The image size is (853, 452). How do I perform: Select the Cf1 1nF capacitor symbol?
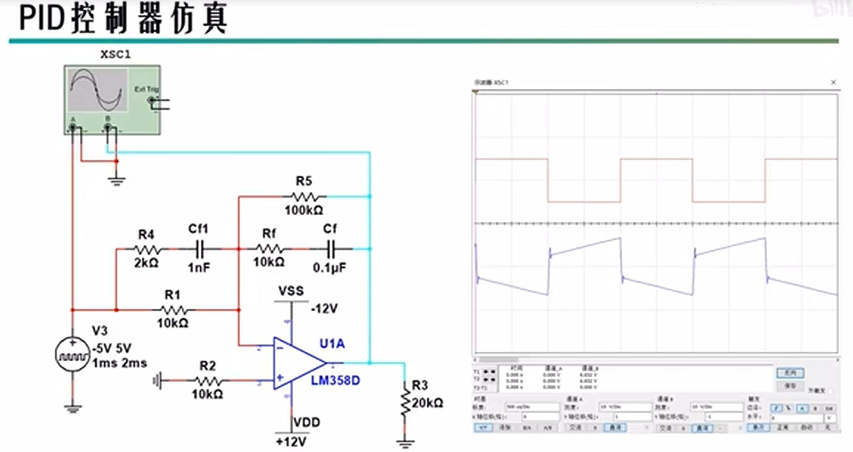[200, 249]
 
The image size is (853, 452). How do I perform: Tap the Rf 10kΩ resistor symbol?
[270, 249]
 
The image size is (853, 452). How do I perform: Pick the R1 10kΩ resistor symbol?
[173, 310]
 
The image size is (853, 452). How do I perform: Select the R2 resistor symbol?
[208, 380]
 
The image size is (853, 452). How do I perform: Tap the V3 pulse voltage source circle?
[73, 354]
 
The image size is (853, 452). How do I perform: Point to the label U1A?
[332, 344]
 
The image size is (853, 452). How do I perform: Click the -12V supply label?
[324, 308]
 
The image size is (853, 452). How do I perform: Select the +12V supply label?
[291, 441]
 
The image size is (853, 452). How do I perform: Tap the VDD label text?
[307, 422]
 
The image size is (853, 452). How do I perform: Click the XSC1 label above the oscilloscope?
[115, 55]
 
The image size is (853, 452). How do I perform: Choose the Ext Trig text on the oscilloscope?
[146, 89]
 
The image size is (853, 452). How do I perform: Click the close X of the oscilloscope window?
[833, 83]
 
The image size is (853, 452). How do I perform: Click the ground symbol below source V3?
[73, 408]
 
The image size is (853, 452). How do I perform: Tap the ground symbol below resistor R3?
[405, 443]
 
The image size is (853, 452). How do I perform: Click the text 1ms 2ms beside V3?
[120, 364]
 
